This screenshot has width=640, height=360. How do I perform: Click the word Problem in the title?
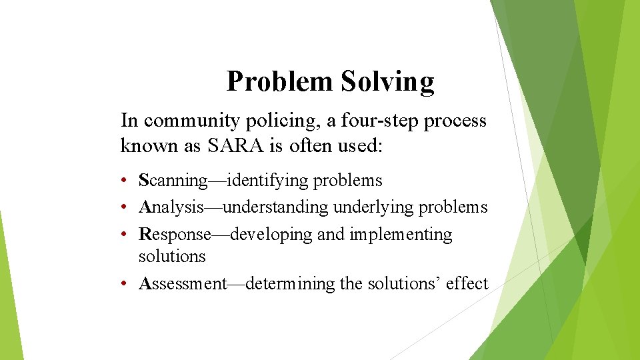pos(279,82)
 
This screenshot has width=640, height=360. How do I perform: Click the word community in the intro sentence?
pos(182,121)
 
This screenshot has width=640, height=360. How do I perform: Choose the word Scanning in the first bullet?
pos(173,181)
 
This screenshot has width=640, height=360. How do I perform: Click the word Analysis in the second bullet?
pos(171,207)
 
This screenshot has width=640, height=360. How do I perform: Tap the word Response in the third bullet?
pos(175,235)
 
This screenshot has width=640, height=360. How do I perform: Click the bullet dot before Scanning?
pos(125,181)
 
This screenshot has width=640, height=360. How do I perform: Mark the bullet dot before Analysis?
pos(125,207)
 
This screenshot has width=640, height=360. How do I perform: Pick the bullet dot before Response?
pos(125,235)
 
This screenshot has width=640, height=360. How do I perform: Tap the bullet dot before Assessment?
pos(125,284)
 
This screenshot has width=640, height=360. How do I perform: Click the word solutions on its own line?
pos(172,256)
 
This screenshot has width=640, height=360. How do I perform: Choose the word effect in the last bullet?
pos(467,284)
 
